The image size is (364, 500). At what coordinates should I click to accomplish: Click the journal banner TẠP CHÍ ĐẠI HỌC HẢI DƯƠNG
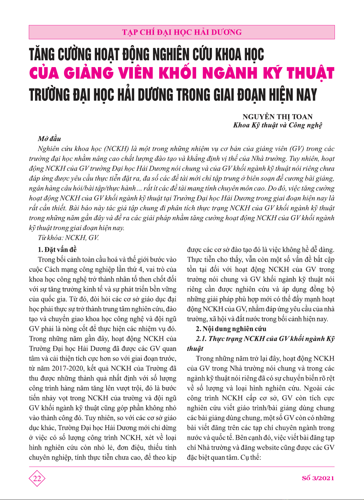tap(182, 32)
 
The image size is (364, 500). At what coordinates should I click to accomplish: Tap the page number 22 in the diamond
tap(37, 478)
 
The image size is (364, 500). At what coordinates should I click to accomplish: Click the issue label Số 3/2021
tap(318, 478)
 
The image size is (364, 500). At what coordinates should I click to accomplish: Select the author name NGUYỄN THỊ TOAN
tap(277, 117)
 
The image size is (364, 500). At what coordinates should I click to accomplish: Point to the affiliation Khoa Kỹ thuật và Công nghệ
tap(278, 125)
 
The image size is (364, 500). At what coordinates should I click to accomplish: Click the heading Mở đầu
tap(49, 139)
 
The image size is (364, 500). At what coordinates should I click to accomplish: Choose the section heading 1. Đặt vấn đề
tap(57, 250)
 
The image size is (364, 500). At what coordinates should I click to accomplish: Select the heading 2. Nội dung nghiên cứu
tap(231, 329)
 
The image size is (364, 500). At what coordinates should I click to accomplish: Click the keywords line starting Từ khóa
tap(68, 238)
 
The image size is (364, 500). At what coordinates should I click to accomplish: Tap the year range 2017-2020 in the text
tap(68, 368)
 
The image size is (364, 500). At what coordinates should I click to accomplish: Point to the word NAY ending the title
tap(307, 95)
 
